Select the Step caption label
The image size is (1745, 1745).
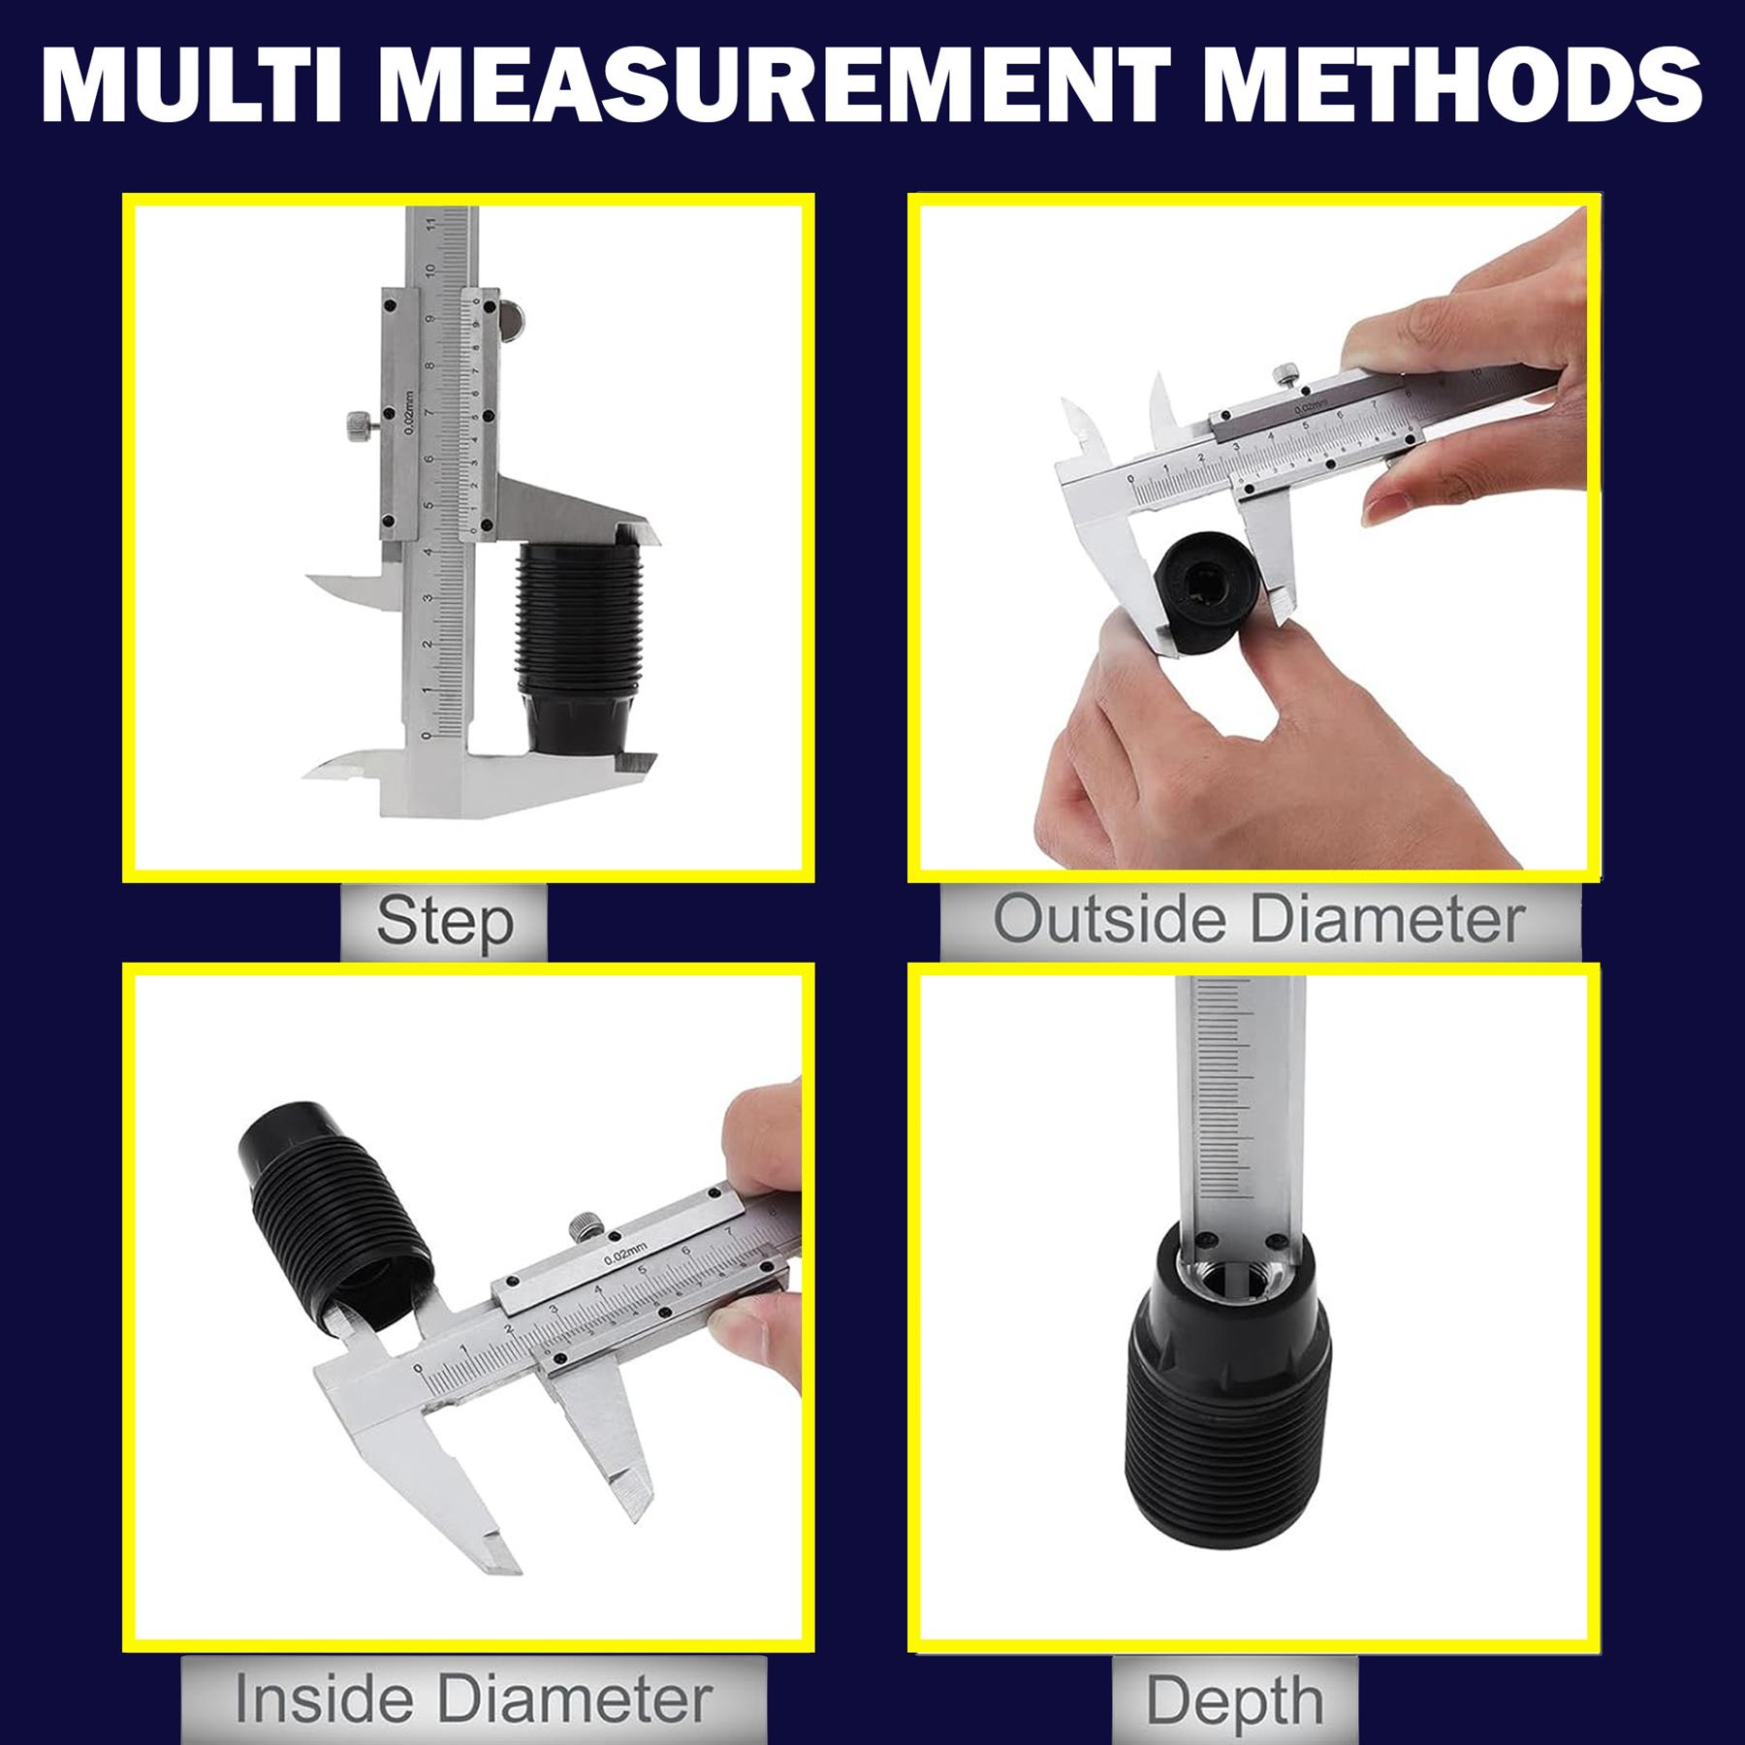click(x=444, y=921)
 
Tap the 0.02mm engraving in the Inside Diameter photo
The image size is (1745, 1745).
click(x=625, y=1256)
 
